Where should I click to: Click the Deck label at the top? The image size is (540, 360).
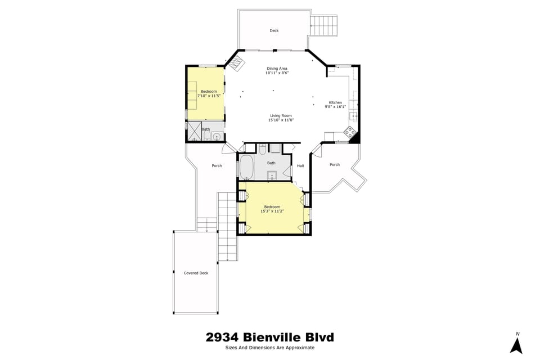pos(274,31)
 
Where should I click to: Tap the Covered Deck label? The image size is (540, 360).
pos(196,273)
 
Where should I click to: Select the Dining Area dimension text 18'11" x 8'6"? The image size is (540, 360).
pos(277,73)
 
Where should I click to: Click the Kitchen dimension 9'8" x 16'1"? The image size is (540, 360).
pos(335,106)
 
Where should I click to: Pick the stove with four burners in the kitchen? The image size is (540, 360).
pos(349,133)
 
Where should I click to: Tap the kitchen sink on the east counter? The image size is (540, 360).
pos(353,116)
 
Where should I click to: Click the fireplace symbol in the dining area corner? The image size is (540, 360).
pos(236,63)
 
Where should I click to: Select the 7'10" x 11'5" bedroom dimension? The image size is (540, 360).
pos(208,96)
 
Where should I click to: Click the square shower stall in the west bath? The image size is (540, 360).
pos(194,130)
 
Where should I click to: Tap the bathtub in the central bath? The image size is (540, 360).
pos(246,167)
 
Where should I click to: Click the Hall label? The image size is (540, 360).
pos(300,165)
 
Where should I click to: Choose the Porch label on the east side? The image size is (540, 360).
pos(334,165)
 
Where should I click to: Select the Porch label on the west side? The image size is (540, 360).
pos(217,165)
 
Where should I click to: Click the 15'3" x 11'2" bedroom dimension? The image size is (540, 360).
pos(272,211)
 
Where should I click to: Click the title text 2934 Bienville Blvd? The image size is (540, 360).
pos(269,337)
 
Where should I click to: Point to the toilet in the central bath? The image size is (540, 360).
pos(262,149)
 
